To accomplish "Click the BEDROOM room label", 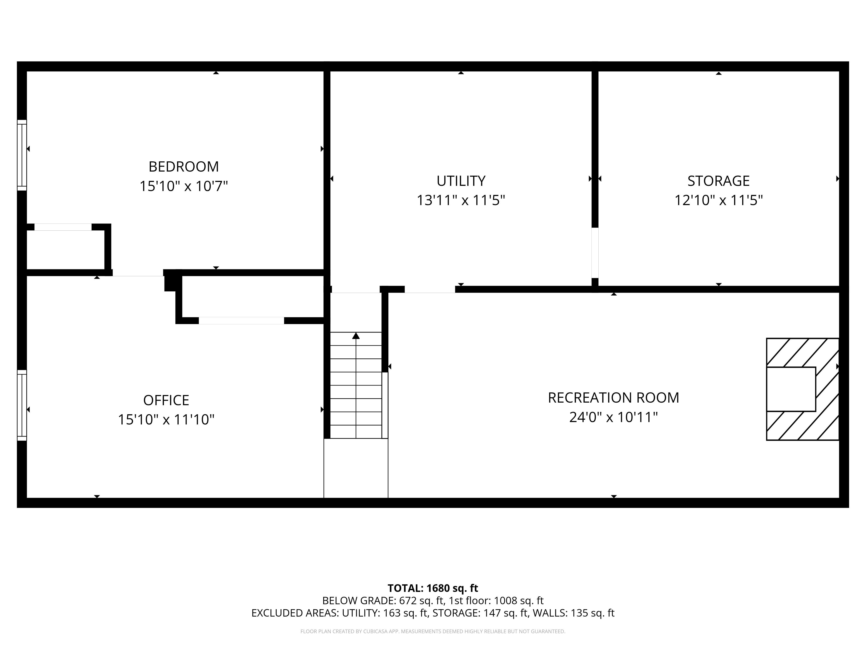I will pos(184,167).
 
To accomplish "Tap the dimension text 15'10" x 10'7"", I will pos(184,186).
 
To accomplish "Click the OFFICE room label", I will pos(166,400).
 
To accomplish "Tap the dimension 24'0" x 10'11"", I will pos(613,417).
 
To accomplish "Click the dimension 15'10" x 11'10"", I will pos(166,420).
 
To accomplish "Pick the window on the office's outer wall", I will pos(22,405).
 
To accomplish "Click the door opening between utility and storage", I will pos(595,253).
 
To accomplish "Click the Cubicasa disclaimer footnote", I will pos(433,631).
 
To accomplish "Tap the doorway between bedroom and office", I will pos(138,273).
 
